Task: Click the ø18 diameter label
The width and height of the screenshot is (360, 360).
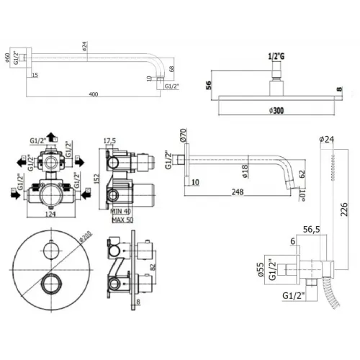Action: click(x=245, y=170)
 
